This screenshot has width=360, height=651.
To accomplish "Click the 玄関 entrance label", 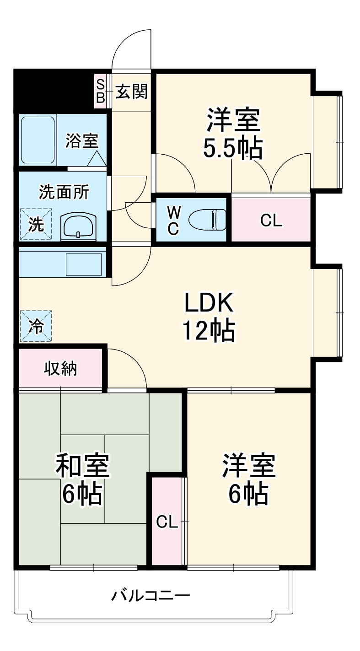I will (x=131, y=91).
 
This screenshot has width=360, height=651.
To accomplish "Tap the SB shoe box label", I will (x=100, y=91).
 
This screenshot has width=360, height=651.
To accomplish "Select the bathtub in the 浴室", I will (x=38, y=140).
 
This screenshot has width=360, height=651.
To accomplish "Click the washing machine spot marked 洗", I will (x=36, y=225).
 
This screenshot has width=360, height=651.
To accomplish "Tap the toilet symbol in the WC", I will (x=209, y=220).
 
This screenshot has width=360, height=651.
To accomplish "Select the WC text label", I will (x=172, y=220).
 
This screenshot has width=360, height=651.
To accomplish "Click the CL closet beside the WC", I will (x=271, y=220).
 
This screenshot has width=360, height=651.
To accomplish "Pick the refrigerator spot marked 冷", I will (x=36, y=326).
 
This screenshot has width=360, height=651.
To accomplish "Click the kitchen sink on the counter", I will (x=84, y=264).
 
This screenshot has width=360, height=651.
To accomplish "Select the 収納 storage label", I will (x=60, y=368).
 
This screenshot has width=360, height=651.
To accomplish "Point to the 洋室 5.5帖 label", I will (x=233, y=133).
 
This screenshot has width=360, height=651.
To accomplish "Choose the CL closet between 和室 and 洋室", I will (x=167, y=522).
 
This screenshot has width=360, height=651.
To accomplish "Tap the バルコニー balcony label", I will (x=151, y=596).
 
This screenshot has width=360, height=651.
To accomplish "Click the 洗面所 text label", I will (x=64, y=192).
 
